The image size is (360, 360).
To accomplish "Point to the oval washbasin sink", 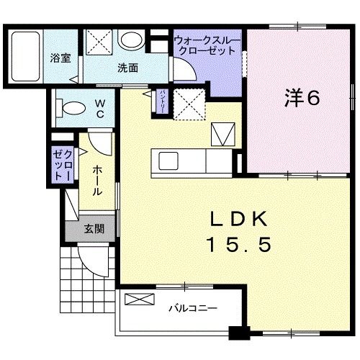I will click(131, 40).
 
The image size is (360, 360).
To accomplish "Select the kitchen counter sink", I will click(168, 160).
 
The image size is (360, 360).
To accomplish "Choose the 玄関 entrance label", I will click(94, 230).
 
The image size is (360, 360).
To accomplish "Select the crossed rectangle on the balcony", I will click(142, 300).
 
